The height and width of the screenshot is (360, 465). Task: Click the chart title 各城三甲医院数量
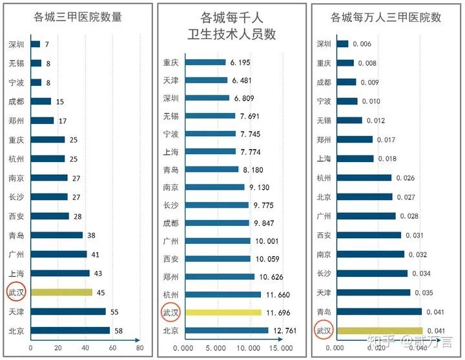(x=78, y=17)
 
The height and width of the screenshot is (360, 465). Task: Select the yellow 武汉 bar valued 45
(x=61, y=292)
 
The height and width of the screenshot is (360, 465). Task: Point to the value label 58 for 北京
(x=119, y=330)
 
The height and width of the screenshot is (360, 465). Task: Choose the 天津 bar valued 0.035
(x=373, y=292)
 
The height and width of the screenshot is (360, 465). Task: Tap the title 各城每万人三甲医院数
(x=386, y=17)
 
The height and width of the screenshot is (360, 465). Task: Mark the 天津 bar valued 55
(x=68, y=312)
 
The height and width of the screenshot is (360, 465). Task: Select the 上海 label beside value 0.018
(x=324, y=159)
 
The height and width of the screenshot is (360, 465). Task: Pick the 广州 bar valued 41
(x=58, y=254)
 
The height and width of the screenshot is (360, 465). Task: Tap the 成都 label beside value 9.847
(x=171, y=223)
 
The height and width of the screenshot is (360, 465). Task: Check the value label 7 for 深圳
(x=46, y=44)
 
